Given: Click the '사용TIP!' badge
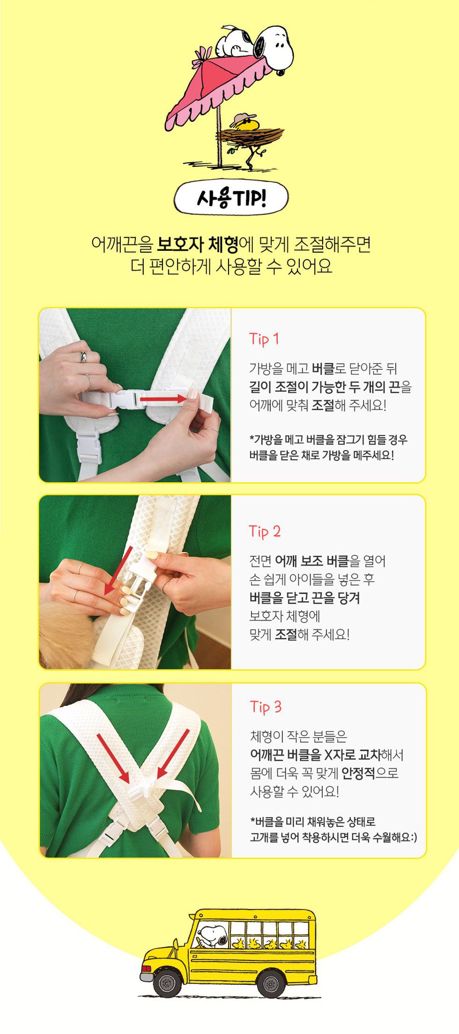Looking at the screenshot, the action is point(231,199).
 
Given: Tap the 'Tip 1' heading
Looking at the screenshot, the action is point(264,338).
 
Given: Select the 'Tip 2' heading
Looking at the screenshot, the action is point(265,531).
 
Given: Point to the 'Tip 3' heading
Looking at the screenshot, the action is point(266,706).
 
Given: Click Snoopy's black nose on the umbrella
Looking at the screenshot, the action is point(280,72).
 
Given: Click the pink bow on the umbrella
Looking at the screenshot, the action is point(202,53).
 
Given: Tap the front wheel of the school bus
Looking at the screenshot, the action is point(167,981).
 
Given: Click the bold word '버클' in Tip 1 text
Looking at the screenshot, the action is point(323,368).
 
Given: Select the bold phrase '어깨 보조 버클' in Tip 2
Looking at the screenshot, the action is point(312,561).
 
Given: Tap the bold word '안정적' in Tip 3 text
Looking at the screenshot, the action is point(359,773).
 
